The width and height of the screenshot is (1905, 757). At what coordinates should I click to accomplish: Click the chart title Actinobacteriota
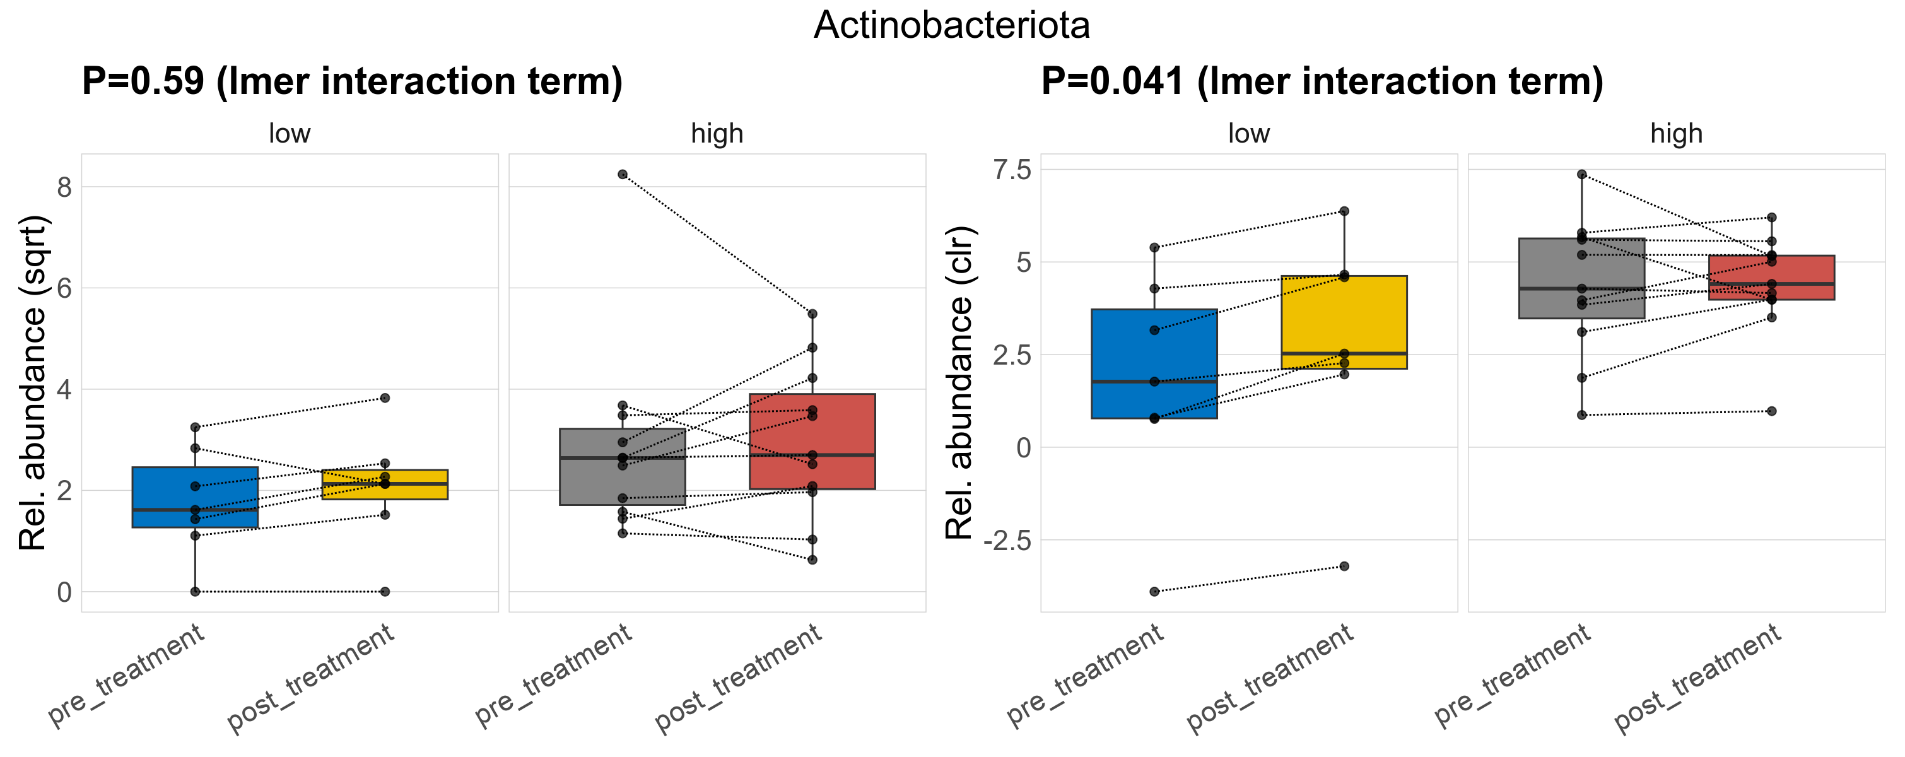pyautogui.click(x=951, y=25)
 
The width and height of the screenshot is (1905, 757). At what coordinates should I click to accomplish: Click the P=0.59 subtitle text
pyautogui.click(x=352, y=81)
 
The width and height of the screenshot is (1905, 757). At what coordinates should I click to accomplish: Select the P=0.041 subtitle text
pyautogui.click(x=1322, y=81)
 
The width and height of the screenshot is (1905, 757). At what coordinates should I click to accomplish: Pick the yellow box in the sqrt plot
pyautogui.click(x=385, y=484)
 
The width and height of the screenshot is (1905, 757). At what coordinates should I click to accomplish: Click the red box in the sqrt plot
pyautogui.click(x=812, y=442)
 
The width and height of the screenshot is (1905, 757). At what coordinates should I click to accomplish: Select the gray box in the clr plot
pyautogui.click(x=1582, y=278)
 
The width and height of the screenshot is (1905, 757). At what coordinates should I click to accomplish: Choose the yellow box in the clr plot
pyautogui.click(x=1344, y=322)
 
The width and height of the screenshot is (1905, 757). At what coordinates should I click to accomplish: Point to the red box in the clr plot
pyautogui.click(x=1771, y=277)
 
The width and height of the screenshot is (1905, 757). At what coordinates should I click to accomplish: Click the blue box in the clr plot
pyautogui.click(x=1154, y=364)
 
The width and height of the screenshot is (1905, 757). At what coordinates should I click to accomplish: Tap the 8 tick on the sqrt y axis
pyautogui.click(x=64, y=187)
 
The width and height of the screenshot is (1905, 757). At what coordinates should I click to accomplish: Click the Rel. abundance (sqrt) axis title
pyautogui.click(x=33, y=383)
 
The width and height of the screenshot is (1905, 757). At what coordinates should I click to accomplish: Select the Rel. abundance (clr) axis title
pyautogui.click(x=960, y=383)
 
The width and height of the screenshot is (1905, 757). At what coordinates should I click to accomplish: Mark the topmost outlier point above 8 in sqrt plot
pyautogui.click(x=623, y=175)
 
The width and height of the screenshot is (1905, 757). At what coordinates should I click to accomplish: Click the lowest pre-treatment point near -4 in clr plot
pyautogui.click(x=1154, y=592)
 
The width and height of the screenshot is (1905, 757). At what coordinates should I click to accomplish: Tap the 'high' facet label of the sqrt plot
pyautogui.click(x=717, y=134)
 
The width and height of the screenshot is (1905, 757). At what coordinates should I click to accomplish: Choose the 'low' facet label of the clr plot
pyautogui.click(x=1248, y=134)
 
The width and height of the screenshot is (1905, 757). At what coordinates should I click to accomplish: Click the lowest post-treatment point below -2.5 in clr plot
pyautogui.click(x=1344, y=566)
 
